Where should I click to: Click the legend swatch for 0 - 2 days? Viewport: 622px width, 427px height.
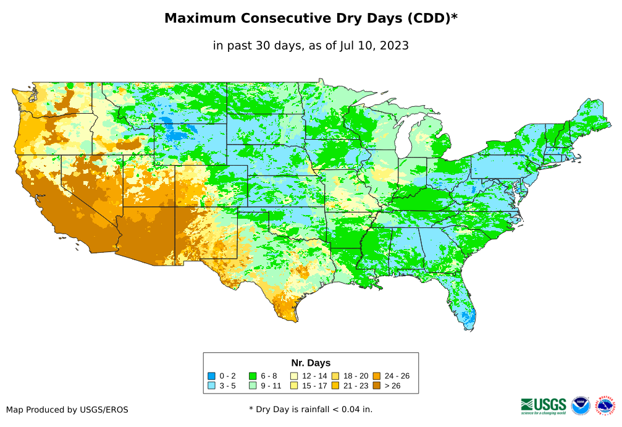point(211,376)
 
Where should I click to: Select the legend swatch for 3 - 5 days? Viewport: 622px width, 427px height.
point(211,386)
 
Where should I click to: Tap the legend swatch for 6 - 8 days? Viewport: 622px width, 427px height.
point(253,376)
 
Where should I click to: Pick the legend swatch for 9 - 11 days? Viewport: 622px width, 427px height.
point(253,386)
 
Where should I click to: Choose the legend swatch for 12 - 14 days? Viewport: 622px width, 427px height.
point(294,376)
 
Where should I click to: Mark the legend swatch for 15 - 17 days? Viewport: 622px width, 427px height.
point(294,386)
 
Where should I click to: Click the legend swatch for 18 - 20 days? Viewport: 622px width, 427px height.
point(335,376)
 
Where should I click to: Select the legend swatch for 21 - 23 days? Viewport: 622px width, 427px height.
point(335,386)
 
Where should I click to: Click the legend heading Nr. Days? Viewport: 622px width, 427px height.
point(311,363)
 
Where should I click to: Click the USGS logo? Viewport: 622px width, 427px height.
point(544,405)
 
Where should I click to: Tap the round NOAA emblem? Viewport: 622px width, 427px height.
point(581,405)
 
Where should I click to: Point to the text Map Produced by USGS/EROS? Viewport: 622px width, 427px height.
point(67,410)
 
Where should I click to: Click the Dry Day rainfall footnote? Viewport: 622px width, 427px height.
point(311,409)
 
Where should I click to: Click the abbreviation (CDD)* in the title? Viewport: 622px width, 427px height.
point(431,19)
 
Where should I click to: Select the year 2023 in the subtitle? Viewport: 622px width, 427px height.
point(393,46)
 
